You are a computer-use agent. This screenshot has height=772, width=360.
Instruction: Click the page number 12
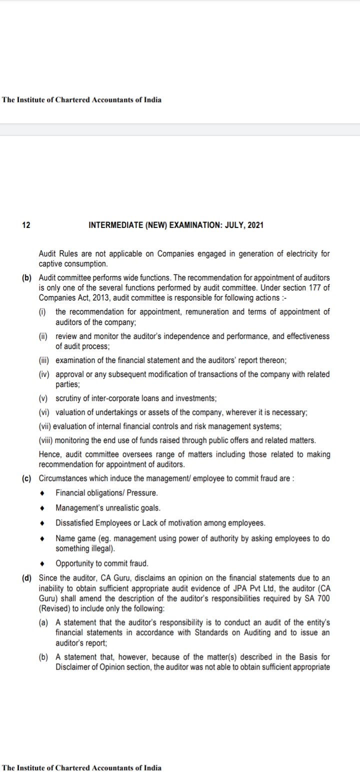[x=26, y=225]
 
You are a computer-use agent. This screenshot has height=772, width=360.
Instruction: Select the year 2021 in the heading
[x=255, y=225]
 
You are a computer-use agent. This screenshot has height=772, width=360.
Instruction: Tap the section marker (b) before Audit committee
[x=26, y=277]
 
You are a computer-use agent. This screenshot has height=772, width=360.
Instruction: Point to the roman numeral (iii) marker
[x=45, y=360]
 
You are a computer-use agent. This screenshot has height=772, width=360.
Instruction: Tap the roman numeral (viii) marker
[x=46, y=440]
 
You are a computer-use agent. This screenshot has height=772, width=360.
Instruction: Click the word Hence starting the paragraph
[x=48, y=454]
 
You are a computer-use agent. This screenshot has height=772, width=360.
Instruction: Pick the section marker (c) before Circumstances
[x=26, y=477]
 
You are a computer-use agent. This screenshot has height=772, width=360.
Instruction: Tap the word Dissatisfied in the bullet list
[x=75, y=523]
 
